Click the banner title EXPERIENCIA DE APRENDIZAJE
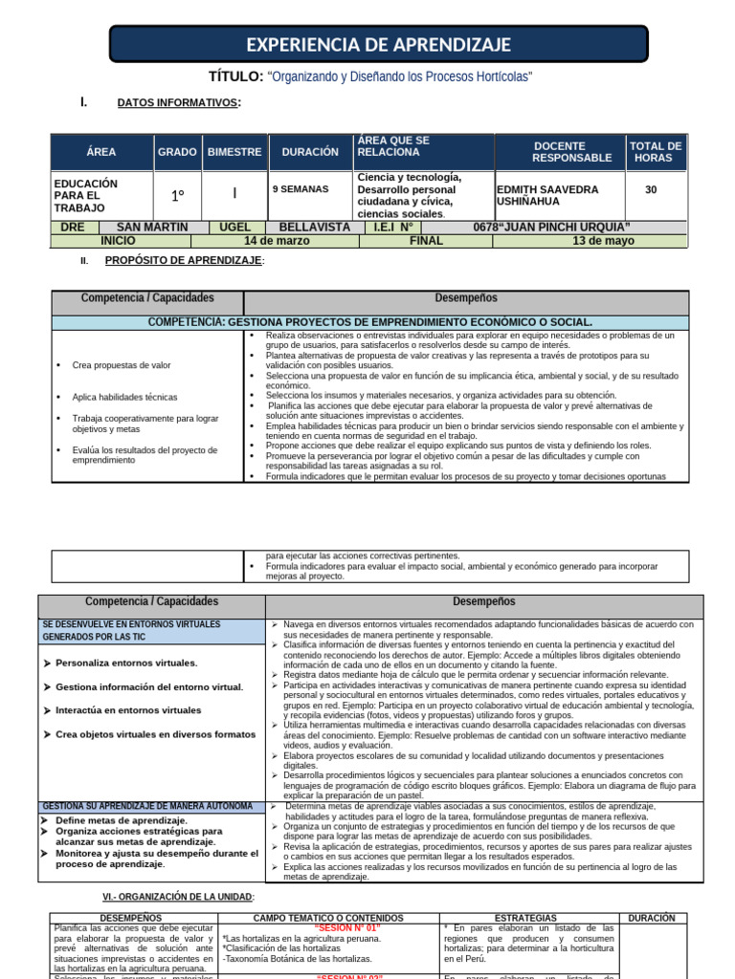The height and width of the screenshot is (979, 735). [379, 45]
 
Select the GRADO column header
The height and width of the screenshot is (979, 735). [177, 152]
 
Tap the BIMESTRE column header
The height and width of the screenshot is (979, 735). [234, 152]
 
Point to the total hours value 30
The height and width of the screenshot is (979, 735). [651, 189]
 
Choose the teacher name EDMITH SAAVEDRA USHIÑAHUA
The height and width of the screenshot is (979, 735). [547, 196]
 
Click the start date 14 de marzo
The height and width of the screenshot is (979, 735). [277, 241]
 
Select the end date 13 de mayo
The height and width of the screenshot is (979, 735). [603, 241]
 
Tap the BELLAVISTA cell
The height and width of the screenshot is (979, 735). [314, 227]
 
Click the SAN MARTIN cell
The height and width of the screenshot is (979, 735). [152, 227]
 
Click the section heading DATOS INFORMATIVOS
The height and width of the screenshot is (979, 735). [178, 103]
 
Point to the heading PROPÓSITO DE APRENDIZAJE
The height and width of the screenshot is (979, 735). [184, 261]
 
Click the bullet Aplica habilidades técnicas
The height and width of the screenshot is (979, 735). [124, 397]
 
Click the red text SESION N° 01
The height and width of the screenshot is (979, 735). [346, 927]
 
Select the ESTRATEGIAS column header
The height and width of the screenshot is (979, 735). [526, 918]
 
